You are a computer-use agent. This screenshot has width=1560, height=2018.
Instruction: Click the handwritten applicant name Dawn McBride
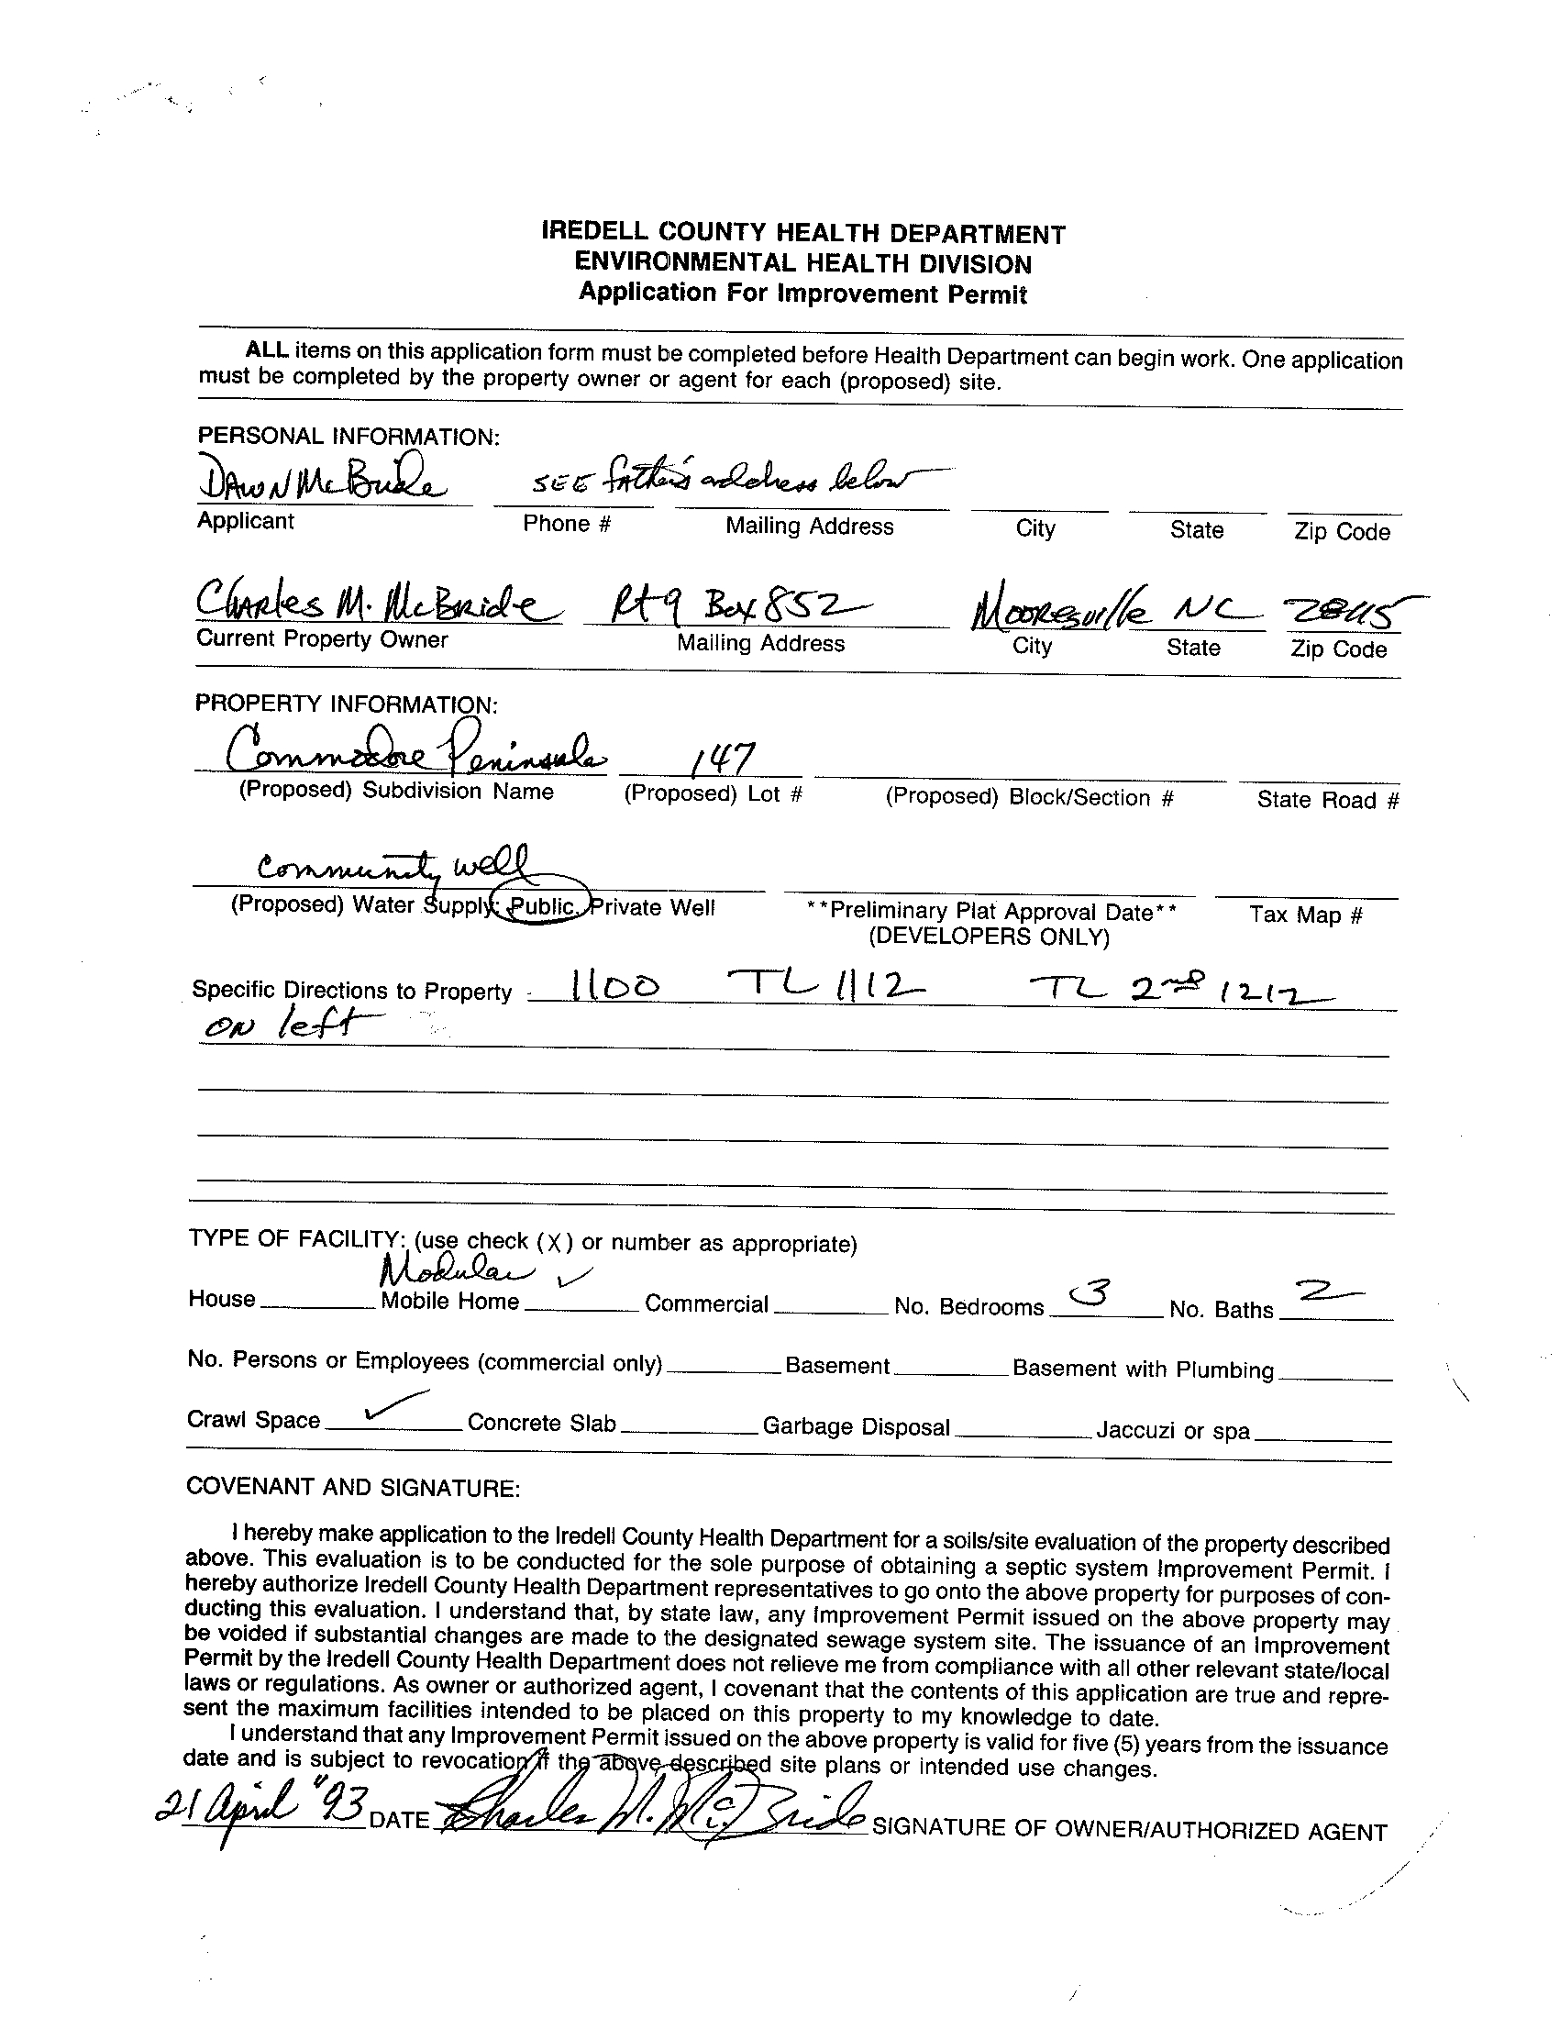tap(318, 479)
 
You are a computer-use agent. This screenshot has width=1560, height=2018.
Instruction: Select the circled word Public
tap(543, 906)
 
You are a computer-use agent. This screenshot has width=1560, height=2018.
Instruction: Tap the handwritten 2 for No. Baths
tap(1326, 1292)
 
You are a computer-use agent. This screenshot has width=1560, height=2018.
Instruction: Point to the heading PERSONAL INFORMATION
tap(349, 436)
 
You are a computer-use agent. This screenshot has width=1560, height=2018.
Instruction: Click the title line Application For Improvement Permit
tap(802, 294)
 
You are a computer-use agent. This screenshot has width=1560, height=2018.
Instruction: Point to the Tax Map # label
tap(1305, 915)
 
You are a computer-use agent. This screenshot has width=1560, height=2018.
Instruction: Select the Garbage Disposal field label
tap(856, 1426)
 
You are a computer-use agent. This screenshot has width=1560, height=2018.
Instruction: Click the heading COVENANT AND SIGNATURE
tap(353, 1488)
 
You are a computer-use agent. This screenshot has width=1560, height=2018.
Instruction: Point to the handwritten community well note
tap(393, 866)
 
